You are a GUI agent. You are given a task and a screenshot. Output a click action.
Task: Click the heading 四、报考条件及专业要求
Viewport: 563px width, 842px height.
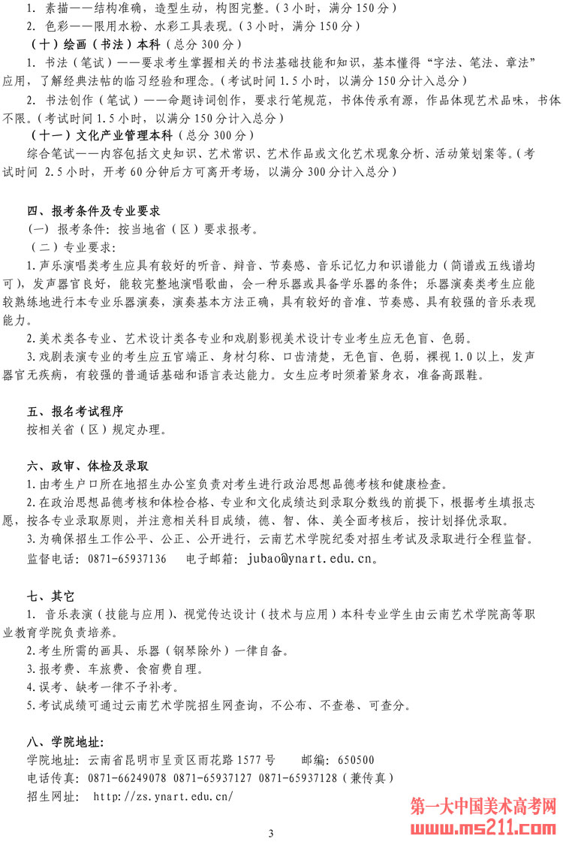[94, 212]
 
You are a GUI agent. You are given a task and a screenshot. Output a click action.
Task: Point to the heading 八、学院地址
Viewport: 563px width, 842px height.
[65, 741]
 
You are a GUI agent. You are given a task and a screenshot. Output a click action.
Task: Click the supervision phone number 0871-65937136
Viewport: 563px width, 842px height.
[128, 559]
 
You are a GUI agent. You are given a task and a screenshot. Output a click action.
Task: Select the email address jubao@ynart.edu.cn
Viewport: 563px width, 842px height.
[312, 559]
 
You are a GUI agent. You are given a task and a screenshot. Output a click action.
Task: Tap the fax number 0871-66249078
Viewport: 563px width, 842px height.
[128, 777]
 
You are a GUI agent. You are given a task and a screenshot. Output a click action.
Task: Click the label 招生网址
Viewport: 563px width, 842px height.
[53, 796]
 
